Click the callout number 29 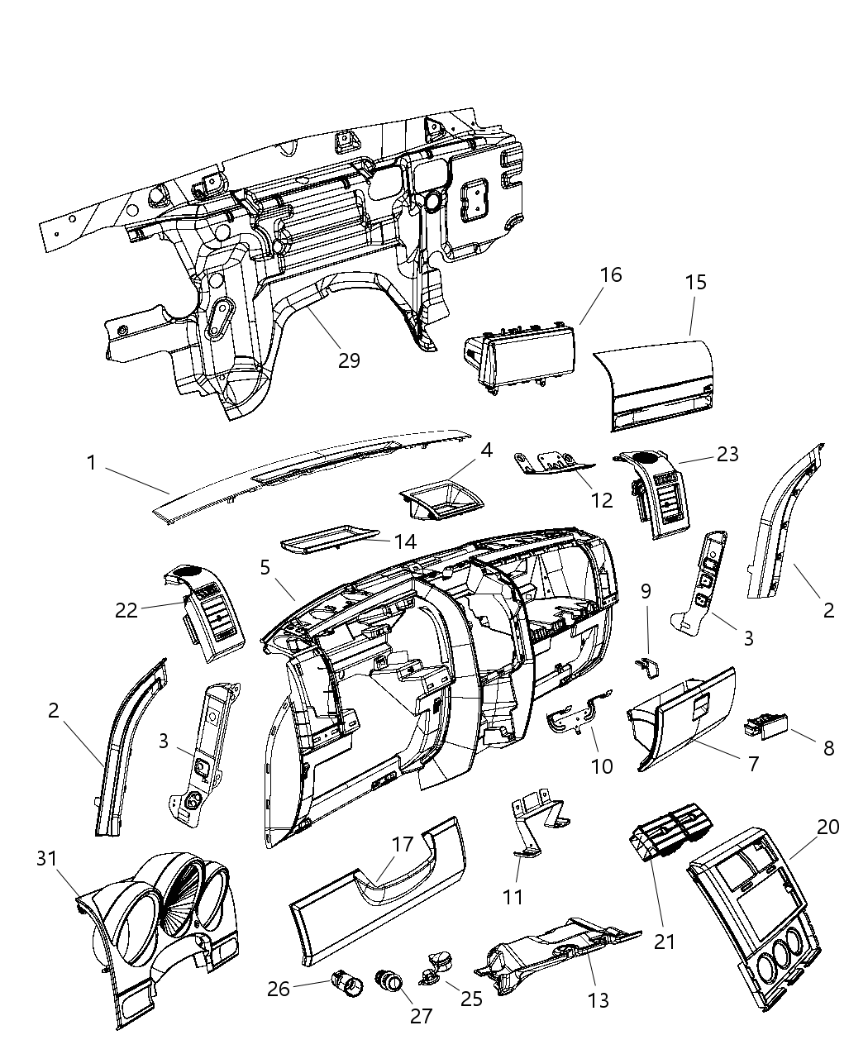(349, 361)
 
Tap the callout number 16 (610, 274)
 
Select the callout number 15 (696, 282)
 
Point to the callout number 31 (47, 859)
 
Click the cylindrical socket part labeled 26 (345, 983)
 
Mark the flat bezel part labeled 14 (329, 541)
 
